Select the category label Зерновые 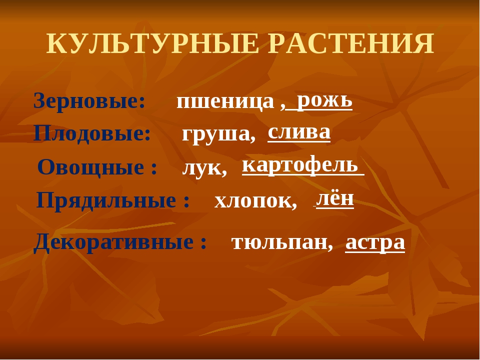click(89, 100)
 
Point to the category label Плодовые click(92, 134)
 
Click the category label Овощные click(93, 167)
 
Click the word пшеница click(225, 102)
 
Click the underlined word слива click(299, 132)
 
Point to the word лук click(201, 168)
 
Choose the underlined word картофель click(300, 165)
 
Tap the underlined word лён click(335, 198)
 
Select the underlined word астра click(375, 243)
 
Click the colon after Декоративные click(203, 243)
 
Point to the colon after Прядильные click(186, 202)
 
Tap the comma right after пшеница click(282, 107)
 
